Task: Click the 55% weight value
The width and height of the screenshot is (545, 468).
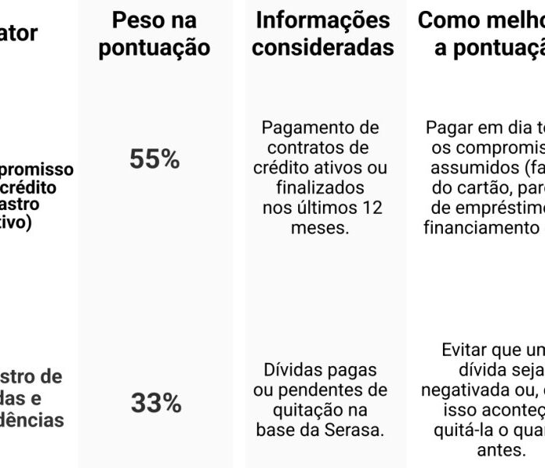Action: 155,159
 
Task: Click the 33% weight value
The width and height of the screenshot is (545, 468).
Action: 156,403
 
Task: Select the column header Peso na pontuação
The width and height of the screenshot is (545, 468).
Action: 155,34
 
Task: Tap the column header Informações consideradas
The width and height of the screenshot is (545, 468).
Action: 322,34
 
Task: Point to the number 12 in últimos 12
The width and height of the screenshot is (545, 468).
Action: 371,208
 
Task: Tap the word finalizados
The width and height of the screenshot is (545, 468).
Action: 320,188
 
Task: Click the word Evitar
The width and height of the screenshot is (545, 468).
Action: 466,350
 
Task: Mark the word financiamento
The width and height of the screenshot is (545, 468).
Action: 476,229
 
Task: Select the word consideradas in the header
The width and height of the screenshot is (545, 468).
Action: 322,48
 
